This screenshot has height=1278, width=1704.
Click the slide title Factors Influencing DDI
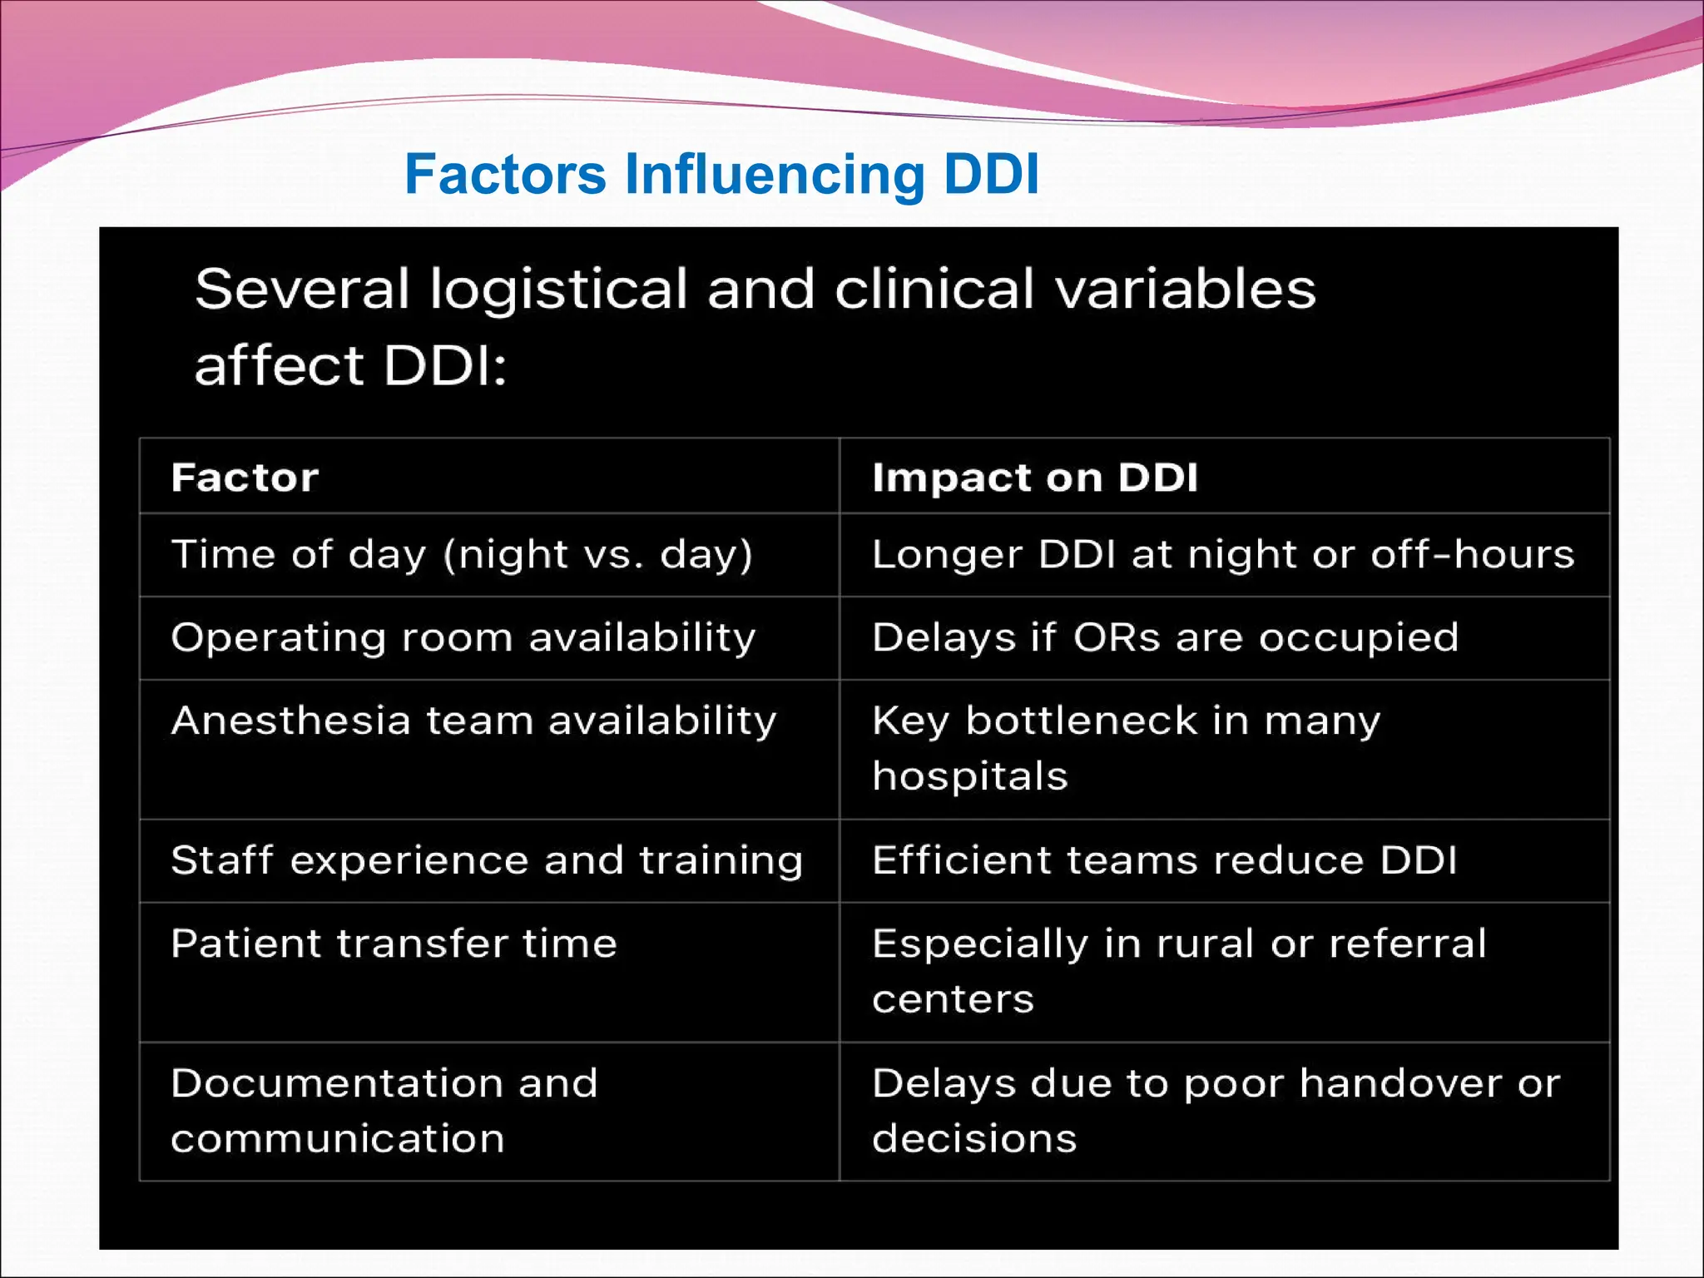(721, 174)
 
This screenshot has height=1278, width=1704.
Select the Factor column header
(245, 478)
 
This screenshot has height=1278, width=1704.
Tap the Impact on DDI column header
(1034, 478)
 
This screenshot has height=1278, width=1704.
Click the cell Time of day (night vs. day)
(462, 555)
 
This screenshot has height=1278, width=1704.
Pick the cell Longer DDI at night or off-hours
(1223, 555)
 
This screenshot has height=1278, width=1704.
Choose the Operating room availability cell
(463, 638)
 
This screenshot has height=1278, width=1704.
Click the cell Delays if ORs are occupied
(1165, 638)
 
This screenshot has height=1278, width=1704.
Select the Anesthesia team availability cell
(473, 721)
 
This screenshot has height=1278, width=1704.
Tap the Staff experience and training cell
(487, 861)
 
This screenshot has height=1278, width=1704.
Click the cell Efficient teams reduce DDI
(1164, 861)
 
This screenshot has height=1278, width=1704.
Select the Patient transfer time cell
(394, 944)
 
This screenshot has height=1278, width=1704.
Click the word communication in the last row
(338, 1139)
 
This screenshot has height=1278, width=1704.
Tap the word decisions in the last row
(974, 1139)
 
